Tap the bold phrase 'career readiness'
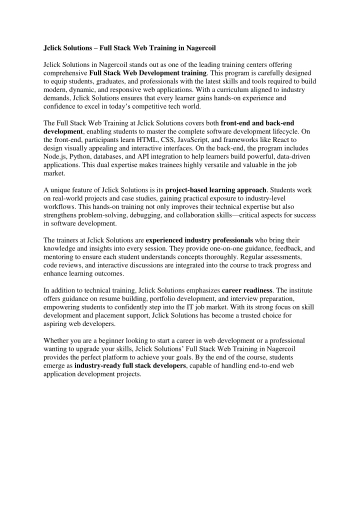[248, 289]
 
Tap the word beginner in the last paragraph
[112, 339]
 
